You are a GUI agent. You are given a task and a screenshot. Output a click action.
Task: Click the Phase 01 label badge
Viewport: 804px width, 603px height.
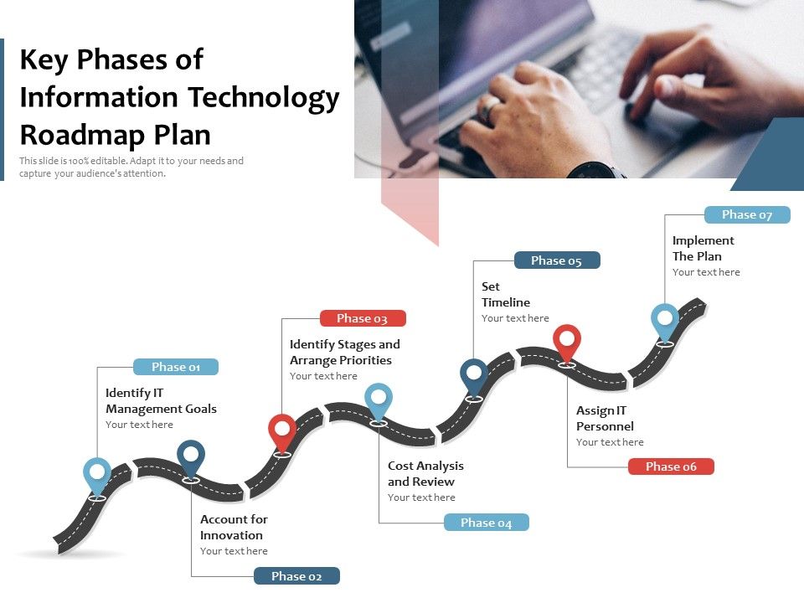[176, 367]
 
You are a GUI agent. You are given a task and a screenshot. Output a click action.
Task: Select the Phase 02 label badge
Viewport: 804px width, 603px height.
[296, 576]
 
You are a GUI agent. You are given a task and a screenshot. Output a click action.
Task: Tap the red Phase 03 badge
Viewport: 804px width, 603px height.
[363, 318]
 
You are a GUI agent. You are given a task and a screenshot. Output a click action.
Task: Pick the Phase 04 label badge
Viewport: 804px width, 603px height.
[486, 523]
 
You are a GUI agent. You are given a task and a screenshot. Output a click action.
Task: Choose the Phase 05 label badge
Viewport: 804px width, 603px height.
[556, 260]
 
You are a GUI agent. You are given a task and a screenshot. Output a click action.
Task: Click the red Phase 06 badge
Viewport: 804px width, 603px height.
[671, 466]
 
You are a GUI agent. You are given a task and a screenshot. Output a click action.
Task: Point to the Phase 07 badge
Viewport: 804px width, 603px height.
[747, 214]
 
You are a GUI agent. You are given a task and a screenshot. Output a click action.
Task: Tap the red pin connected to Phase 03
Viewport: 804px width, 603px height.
[282, 432]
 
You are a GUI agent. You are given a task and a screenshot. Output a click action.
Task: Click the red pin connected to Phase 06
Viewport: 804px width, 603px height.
[567, 342]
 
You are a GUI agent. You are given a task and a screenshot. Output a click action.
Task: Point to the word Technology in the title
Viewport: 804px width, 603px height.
[263, 97]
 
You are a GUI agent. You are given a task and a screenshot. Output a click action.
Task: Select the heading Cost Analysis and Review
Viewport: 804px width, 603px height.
[425, 473]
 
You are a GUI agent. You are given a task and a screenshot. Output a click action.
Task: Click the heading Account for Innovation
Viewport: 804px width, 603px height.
[234, 527]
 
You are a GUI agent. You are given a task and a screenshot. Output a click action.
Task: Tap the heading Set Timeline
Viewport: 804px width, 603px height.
[506, 294]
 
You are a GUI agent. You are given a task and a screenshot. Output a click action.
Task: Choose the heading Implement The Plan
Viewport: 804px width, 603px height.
[703, 248]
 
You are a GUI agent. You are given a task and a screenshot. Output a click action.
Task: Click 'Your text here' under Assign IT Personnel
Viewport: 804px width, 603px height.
[610, 442]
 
